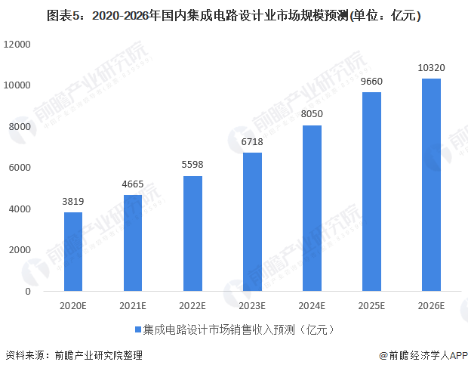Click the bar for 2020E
(73, 252)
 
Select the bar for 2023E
(252, 222)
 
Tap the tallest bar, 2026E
(431, 185)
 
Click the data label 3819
(73, 203)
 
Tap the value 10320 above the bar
(431, 69)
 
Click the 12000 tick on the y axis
(17, 45)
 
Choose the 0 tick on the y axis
(27, 291)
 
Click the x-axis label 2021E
(133, 305)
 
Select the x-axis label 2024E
(312, 305)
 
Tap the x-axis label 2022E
(192, 305)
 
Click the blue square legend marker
(137, 330)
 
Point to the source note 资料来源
(23, 355)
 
